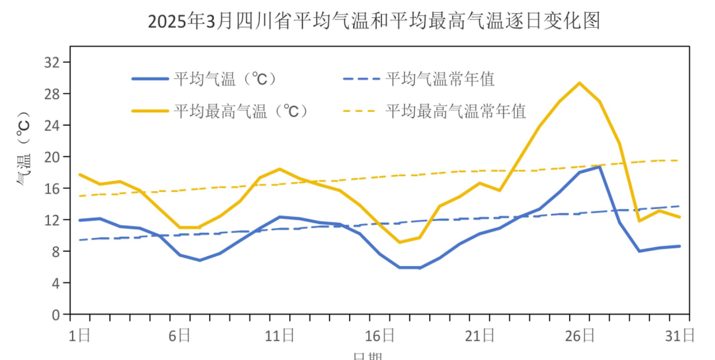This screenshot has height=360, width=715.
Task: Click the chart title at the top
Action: coord(374,21)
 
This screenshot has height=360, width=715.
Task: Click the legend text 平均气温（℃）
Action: coord(225,79)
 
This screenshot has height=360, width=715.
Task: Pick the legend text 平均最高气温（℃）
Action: coord(241,111)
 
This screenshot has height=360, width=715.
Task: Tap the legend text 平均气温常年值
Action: coord(440,79)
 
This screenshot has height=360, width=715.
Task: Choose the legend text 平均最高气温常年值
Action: coord(455,111)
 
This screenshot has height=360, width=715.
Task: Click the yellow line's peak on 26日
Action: coord(580,83)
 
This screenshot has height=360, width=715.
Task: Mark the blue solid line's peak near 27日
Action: coord(600,166)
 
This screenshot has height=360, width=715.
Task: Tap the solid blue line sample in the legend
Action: coord(150,79)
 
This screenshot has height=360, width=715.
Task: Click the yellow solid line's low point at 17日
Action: coord(399,242)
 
